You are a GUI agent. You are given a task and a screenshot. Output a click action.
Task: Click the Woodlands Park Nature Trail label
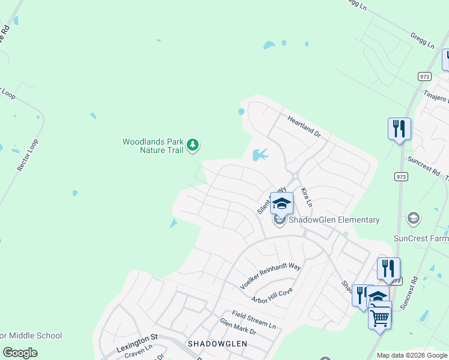[153, 146]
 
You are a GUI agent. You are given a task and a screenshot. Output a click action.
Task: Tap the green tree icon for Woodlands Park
[192, 145]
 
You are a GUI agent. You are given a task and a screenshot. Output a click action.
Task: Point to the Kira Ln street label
[306, 197]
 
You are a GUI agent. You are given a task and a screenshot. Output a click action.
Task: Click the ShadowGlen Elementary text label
[334, 220]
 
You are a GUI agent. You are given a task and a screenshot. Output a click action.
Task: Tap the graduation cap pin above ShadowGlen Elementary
[282, 203]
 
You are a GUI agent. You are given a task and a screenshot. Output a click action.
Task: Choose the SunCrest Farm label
[421, 238]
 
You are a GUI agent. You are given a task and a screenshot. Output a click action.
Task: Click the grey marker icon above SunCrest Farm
[413, 218]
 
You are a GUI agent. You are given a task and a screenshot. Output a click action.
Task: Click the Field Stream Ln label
[254, 319]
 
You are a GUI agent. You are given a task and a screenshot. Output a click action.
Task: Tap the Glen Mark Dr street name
[238, 327]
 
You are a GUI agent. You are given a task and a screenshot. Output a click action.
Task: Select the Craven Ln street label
[139, 355]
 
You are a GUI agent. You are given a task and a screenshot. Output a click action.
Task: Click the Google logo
[20, 353]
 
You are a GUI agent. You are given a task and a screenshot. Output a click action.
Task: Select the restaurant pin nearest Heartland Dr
[399, 128]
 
